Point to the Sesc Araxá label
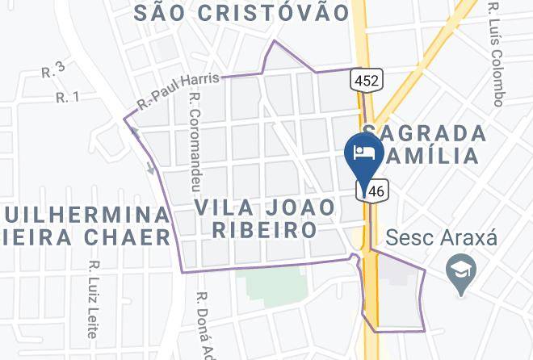click(440, 239)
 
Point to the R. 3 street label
click(52, 72)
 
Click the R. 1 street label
click(67, 97)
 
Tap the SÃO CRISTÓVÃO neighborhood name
click(241, 12)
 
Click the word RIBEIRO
click(264, 230)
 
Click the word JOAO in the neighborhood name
click(300, 207)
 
